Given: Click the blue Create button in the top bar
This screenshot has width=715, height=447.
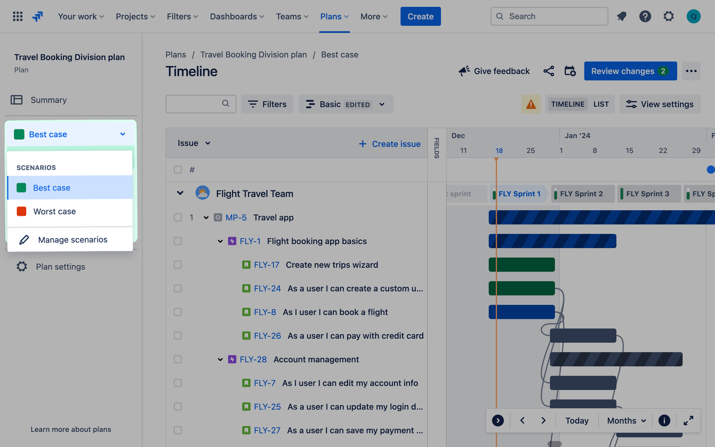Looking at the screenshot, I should (x=420, y=17).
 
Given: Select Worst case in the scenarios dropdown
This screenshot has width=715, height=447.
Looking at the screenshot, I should (x=55, y=211).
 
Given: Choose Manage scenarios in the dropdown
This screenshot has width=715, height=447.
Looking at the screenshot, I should (x=72, y=239).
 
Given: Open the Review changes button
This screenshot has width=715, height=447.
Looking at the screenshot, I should (x=630, y=71).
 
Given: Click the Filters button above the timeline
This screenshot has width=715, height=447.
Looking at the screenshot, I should (x=267, y=104).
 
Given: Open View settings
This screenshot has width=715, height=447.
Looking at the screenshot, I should (x=660, y=104).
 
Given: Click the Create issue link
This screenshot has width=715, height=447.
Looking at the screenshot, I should (x=390, y=144).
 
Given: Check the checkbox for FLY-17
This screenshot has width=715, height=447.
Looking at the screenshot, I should (x=178, y=265).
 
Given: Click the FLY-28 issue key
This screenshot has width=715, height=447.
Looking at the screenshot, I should (x=253, y=359).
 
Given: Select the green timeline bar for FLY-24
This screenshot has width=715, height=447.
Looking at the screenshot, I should (x=522, y=288).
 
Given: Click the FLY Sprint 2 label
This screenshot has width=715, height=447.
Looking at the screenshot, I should (x=581, y=194).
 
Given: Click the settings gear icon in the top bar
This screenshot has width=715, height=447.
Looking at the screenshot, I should (x=668, y=17).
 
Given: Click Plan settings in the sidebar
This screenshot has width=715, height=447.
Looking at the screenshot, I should (x=60, y=267).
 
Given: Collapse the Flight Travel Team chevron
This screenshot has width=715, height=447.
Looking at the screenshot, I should (x=180, y=193).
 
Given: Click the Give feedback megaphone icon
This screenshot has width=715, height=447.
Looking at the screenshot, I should (x=464, y=71).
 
